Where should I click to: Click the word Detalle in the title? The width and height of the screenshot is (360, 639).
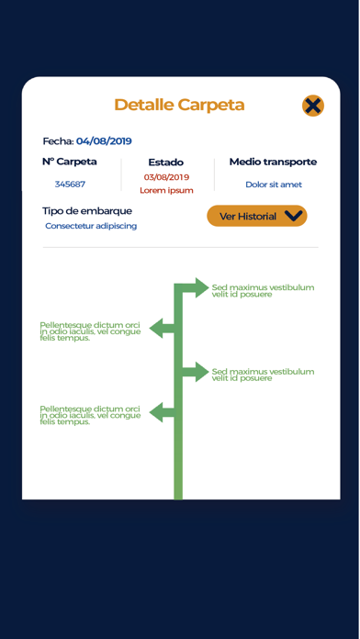pos(144,105)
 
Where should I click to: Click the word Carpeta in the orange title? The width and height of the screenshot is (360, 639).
pos(211,106)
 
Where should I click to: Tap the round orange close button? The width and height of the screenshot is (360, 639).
pos(313,106)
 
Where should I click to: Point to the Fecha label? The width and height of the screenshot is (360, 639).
pos(58,141)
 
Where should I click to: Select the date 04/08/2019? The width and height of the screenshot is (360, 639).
pos(104,141)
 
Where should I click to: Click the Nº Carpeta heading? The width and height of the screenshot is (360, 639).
pos(70,162)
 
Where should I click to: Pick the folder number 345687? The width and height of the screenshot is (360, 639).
pos(70,185)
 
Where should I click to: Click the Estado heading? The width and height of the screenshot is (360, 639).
pos(166,163)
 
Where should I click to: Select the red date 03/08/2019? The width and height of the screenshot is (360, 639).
pos(166,177)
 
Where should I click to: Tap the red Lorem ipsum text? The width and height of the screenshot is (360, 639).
pos(166,190)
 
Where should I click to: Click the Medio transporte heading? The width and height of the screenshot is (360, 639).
pos(273,162)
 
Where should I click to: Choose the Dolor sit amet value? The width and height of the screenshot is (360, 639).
pos(274,185)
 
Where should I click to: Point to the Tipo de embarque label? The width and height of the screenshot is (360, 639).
pos(87,211)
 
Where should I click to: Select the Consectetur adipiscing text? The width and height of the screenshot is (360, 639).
pos(91,226)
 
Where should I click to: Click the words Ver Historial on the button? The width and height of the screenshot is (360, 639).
pos(248,217)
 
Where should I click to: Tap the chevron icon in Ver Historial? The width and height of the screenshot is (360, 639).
pos(294,216)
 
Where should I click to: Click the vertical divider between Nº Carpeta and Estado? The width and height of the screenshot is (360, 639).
pos(121,174)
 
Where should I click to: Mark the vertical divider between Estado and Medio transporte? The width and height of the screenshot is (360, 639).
pos(215,174)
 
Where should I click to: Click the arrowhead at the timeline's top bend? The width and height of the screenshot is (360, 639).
pos(202,287)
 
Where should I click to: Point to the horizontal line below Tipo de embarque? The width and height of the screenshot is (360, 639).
pos(181,247)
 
